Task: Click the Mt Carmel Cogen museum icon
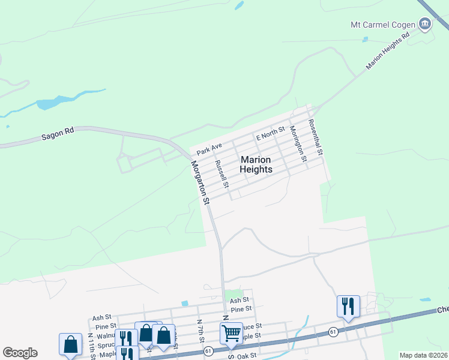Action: click(425, 25)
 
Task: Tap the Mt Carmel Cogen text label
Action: click(383, 25)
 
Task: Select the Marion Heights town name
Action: click(256, 164)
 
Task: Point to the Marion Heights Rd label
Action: click(387, 50)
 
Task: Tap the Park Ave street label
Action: click(209, 146)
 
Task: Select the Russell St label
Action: click(222, 173)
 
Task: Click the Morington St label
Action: click(298, 143)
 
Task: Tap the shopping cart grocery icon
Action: click(231, 332)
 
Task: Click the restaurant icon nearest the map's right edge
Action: click(348, 306)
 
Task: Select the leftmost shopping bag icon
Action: click(70, 344)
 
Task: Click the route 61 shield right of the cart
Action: click(332, 331)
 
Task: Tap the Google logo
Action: click(20, 353)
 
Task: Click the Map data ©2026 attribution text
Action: click(424, 355)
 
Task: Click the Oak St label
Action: click(247, 355)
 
